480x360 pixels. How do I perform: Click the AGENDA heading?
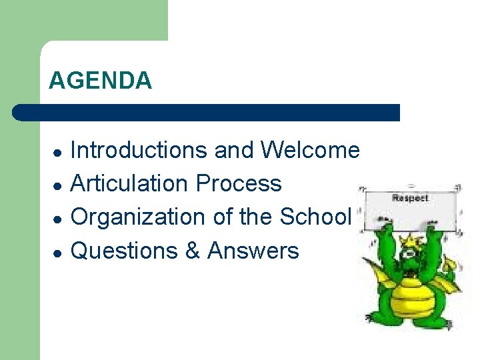tap(100, 81)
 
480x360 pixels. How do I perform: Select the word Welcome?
tap(310, 150)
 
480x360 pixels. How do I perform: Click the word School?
tap(315, 217)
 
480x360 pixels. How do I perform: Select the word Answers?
tap(253, 251)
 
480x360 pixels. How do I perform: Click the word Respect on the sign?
tap(410, 198)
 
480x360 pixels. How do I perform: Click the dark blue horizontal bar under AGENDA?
tap(207, 112)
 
